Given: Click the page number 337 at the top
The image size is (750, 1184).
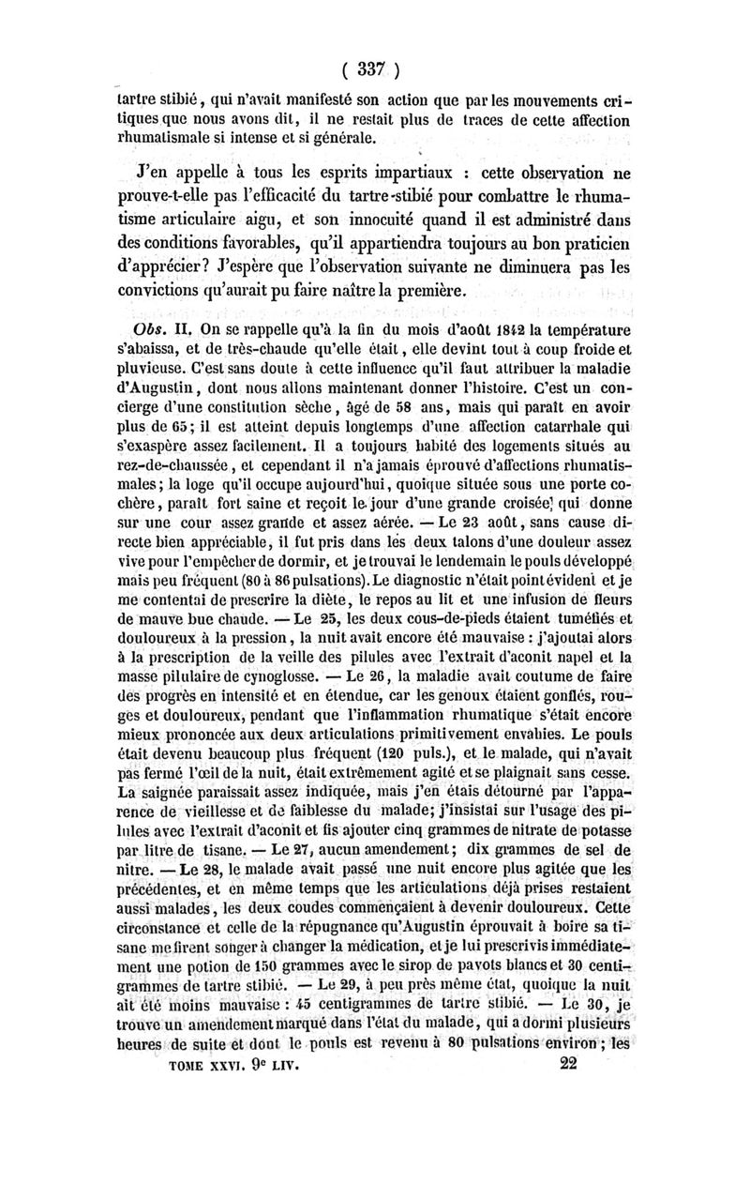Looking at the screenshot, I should (x=373, y=68).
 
